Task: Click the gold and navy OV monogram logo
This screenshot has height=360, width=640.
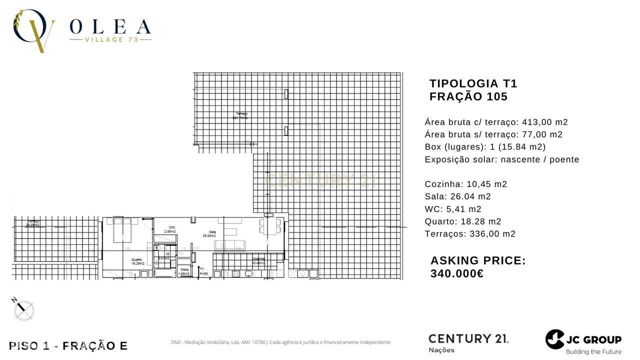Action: [33, 30]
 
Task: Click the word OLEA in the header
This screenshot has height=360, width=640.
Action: [110, 26]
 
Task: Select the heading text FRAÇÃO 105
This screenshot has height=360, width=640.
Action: [468, 97]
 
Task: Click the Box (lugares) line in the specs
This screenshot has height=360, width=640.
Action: [485, 147]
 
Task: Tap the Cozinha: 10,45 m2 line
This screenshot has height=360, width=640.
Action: [465, 184]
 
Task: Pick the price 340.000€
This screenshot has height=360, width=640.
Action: [456, 273]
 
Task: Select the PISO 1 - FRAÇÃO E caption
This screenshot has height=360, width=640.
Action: [68, 345]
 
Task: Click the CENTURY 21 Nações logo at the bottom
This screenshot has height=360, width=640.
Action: [468, 342]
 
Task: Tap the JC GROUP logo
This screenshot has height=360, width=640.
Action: [583, 341]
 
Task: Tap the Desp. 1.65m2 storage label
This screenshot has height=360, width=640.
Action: [184, 271]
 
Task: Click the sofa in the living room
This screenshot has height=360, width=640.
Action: [231, 245]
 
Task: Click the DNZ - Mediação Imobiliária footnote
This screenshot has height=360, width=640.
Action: [280, 342]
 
